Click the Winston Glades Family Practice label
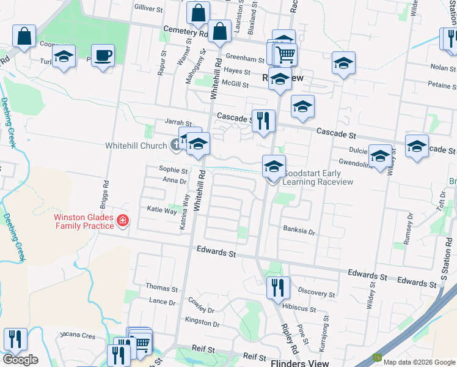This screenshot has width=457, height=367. (84, 221)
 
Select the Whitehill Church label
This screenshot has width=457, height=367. (136, 146)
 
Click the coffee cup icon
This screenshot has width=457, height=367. (103, 56)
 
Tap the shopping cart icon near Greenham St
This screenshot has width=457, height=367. (285, 54)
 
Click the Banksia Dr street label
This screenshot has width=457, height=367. (299, 231)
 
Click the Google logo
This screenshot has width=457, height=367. (20, 360)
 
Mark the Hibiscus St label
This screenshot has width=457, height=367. (299, 310)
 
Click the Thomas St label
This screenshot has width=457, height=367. (161, 288)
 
